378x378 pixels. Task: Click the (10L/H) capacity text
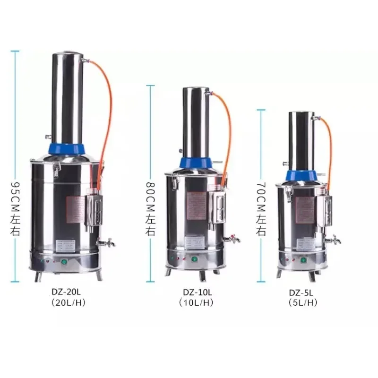coord(197,303)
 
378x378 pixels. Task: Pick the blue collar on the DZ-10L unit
coord(195,163)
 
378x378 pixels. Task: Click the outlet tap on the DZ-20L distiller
coord(107,243)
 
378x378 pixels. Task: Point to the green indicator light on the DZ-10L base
coord(193,258)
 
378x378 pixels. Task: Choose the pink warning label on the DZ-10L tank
coord(198,206)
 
